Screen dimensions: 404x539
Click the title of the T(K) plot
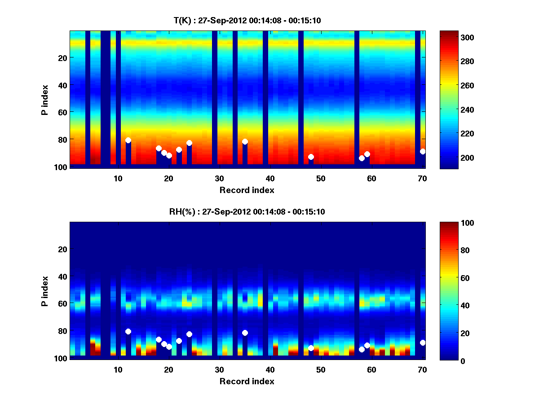tap(247, 20)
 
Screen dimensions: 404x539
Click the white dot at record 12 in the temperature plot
tap(128, 141)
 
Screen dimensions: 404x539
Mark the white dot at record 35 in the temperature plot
tap(245, 142)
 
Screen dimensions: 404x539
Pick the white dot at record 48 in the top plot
tap(311, 157)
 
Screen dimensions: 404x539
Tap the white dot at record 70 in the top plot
tap(423, 152)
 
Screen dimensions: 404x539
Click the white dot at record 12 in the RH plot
tap(128, 332)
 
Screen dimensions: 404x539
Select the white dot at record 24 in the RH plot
tap(189, 334)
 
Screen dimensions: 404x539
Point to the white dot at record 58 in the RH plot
tap(362, 350)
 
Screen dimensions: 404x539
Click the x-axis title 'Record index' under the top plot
tap(247, 190)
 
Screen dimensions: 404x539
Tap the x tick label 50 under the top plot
tap(321, 178)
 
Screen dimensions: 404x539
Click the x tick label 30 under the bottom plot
tap(219, 369)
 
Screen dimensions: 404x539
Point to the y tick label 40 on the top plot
tap(62, 85)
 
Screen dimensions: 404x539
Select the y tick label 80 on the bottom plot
tap(62, 331)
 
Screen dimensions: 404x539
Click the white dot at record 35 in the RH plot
tap(245, 333)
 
